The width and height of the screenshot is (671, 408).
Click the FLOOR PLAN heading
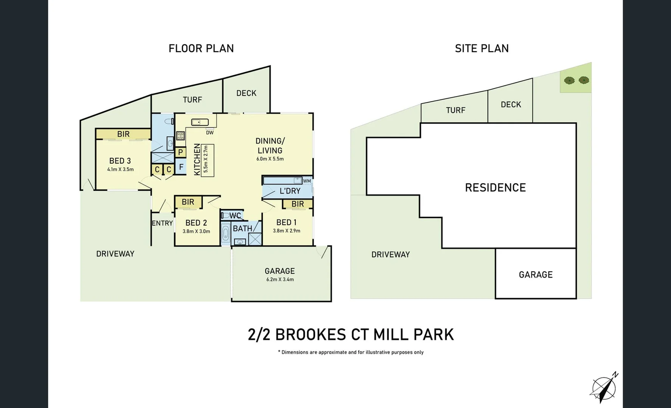pyautogui.click(x=201, y=48)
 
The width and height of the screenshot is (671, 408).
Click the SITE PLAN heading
pyautogui.click(x=482, y=48)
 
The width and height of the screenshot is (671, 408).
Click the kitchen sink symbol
pyautogui.click(x=200, y=122)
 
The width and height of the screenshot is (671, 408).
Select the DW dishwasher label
pyautogui.click(x=210, y=133)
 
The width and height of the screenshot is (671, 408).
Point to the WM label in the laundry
pyautogui.click(x=307, y=181)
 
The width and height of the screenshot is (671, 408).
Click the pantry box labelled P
pyautogui.click(x=180, y=152)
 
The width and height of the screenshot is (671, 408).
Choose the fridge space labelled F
pyautogui.click(x=181, y=167)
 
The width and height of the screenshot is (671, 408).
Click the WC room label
pyautogui.click(x=235, y=216)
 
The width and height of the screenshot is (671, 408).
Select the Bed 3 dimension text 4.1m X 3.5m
pyautogui.click(x=120, y=169)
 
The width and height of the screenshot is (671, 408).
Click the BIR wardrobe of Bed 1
pyautogui.click(x=298, y=204)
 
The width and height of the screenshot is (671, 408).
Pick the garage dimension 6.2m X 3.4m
pyautogui.click(x=280, y=280)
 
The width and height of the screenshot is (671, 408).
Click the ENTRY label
pyautogui.click(x=162, y=223)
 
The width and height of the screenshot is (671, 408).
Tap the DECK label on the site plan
pyautogui.click(x=511, y=105)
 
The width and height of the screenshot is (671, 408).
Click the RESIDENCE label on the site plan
pyautogui.click(x=495, y=188)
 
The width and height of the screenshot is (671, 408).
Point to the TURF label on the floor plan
pyautogui.click(x=192, y=100)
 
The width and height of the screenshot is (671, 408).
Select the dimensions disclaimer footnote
pyautogui.click(x=351, y=352)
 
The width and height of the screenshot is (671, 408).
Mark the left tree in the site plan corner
pyautogui.click(x=569, y=80)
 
